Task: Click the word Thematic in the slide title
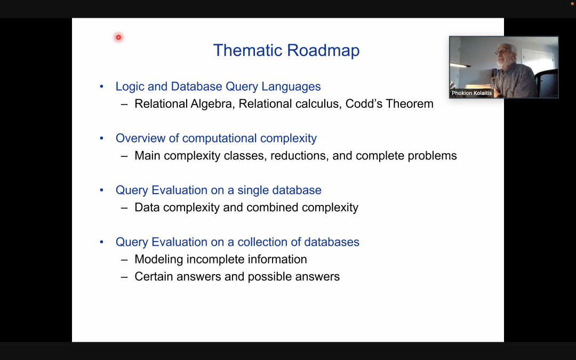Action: coord(247,50)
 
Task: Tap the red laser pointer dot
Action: coord(118,37)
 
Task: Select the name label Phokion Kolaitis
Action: coord(471,93)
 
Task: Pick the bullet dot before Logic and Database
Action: coord(102,87)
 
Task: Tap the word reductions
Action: coord(300,156)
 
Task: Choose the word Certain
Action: coord(154,277)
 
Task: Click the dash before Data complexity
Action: coord(124,208)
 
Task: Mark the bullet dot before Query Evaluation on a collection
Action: coord(102,242)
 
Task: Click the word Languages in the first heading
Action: coord(291,87)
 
